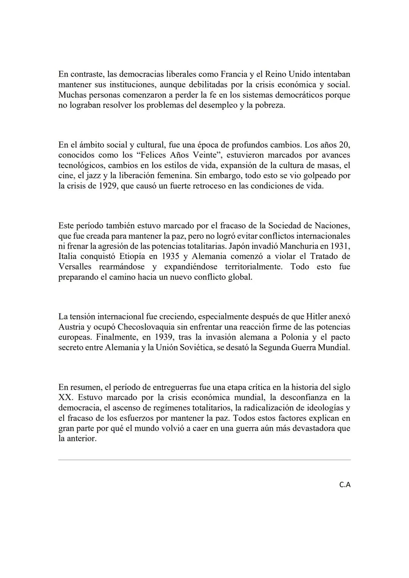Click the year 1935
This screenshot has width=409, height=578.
tap(170, 256)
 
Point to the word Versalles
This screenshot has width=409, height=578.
tap(75, 266)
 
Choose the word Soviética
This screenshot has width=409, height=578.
tap(193, 347)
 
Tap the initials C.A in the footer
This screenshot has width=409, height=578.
tap(345, 485)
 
